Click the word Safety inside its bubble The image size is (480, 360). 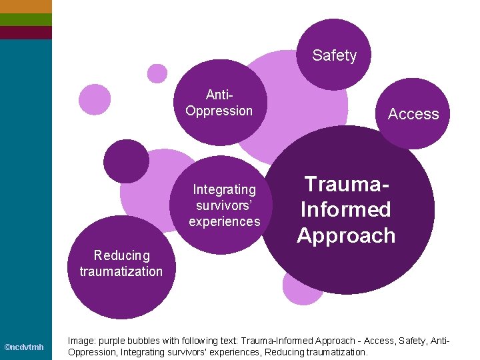pos(334,56)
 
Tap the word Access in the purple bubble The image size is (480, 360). pos(413,115)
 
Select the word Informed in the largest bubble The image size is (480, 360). pos(345,209)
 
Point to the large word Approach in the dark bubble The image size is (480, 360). pos(346,235)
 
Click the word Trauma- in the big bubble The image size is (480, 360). pos(346,184)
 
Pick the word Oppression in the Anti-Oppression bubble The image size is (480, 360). pos(219,111)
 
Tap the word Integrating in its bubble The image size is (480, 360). pos(224,190)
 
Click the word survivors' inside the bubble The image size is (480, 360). pos(224,205)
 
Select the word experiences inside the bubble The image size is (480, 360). pos(224,221)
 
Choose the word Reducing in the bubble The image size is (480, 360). pos(122,255)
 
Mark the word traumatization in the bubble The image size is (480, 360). pos(121,271)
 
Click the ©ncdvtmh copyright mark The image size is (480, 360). pos(24,347)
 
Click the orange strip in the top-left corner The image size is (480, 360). pos(25,6)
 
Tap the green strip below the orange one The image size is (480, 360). pos(25,19)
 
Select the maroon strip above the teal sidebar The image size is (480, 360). pos(25,32)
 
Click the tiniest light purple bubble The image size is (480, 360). pos(157,73)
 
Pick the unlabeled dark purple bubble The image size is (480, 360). pos(126,161)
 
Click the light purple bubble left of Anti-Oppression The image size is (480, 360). pos(95,99)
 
